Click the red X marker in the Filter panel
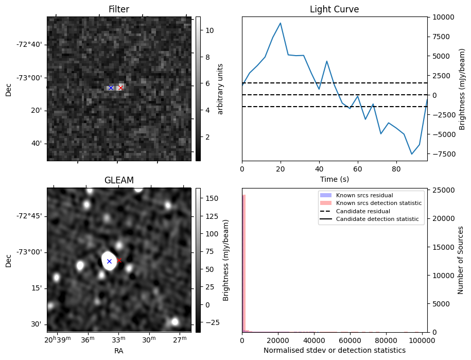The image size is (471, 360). coord(120,88)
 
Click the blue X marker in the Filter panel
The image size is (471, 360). coord(111,88)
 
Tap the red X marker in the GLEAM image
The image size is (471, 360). coord(119,261)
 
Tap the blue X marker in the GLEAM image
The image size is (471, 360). coord(109,262)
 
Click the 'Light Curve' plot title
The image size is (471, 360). coord(334,10)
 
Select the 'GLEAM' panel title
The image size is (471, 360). coord(119,180)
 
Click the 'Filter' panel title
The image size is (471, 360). coord(119,10)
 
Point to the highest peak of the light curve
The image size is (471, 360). coord(281,23)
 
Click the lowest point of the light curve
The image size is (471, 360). coord(412,154)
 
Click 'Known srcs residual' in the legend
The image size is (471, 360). coord(364,196)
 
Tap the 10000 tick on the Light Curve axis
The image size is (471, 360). coord(442,17)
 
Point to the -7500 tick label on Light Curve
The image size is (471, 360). coord(442,154)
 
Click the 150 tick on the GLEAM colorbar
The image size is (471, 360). coord(212,198)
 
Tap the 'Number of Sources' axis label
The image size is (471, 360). coord(461,260)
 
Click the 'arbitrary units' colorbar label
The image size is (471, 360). coord(220,89)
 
